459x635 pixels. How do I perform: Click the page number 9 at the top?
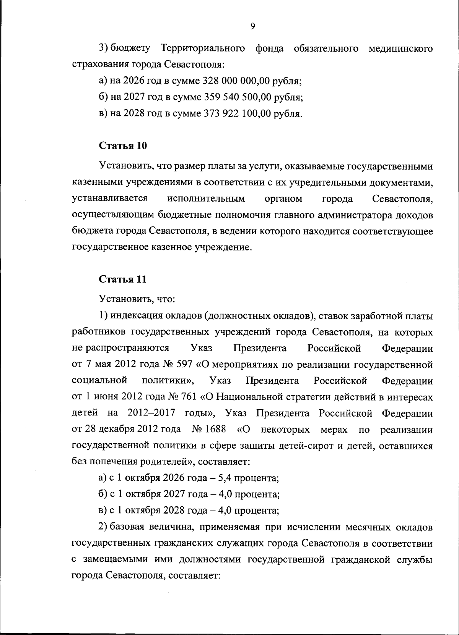point(252,26)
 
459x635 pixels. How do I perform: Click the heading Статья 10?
point(123,146)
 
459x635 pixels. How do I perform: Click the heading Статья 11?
point(122,279)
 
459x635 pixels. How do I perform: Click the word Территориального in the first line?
point(203,48)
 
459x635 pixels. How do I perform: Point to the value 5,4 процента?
point(249,478)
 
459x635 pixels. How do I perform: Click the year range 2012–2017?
point(151,414)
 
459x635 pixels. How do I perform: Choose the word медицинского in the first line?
point(400,48)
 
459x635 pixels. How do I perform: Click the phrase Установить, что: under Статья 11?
point(137,299)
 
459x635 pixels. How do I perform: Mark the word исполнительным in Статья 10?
point(206,199)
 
